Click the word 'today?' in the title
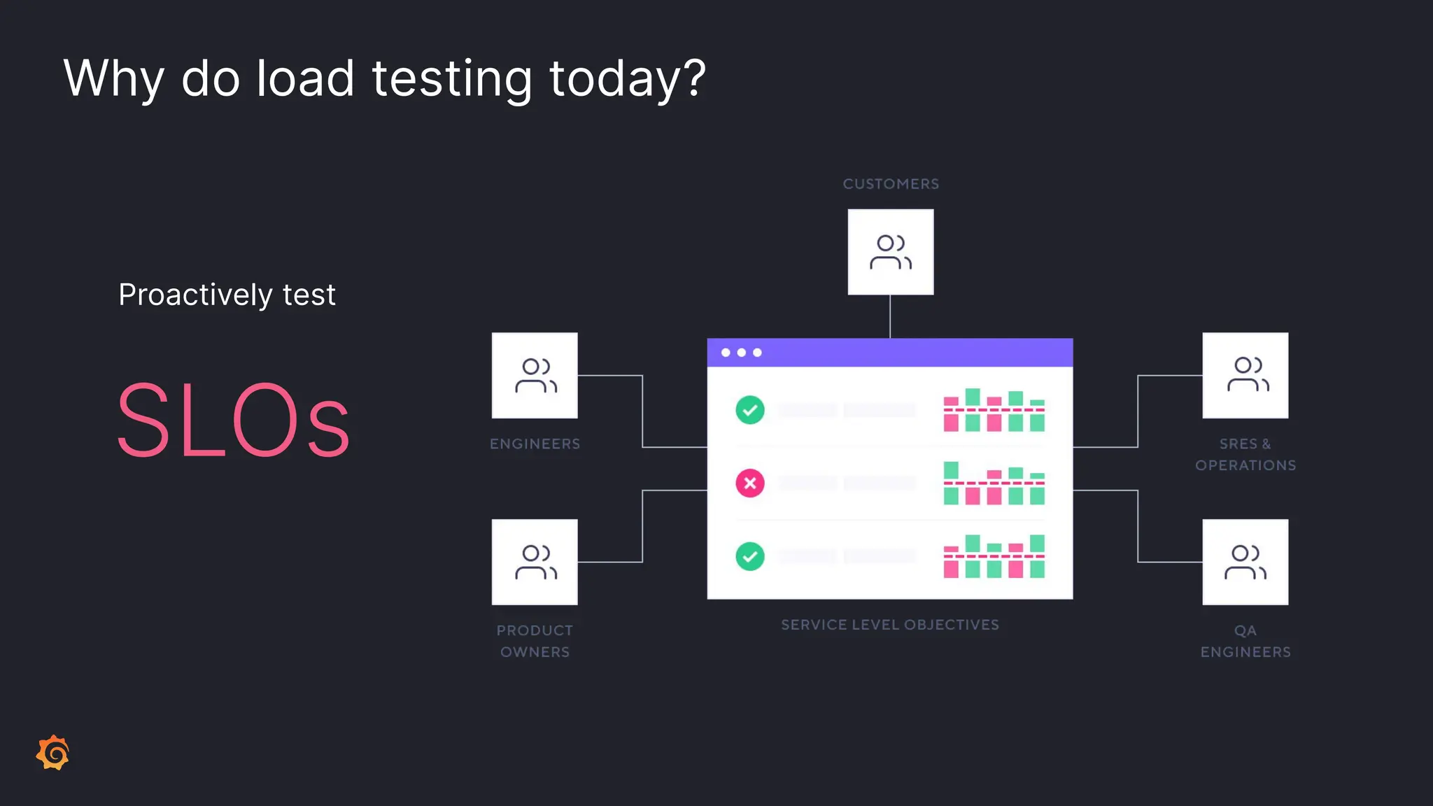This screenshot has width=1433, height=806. [627, 78]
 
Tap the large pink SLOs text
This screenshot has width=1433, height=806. [233, 420]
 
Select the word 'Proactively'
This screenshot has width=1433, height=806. [195, 295]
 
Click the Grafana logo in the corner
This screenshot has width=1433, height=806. [53, 753]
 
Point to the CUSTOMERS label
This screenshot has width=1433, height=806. [891, 184]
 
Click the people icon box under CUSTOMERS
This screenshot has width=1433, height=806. [891, 252]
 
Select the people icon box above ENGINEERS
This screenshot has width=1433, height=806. [535, 376]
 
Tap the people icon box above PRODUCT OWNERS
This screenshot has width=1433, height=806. [535, 562]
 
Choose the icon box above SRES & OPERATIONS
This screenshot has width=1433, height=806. [1245, 376]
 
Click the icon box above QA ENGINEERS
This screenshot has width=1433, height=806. [1245, 562]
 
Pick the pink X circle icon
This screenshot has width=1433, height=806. [750, 483]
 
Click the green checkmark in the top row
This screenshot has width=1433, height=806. [750, 410]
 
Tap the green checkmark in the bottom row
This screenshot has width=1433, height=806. [750, 556]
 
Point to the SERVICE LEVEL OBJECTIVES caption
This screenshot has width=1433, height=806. [890, 625]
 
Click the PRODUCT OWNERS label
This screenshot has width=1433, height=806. [535, 641]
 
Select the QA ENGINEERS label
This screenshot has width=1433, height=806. [1245, 641]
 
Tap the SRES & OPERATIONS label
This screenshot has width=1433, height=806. [1245, 455]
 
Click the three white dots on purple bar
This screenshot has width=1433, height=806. [742, 353]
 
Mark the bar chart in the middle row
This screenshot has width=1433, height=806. [994, 483]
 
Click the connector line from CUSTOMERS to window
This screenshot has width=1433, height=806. [890, 316]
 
